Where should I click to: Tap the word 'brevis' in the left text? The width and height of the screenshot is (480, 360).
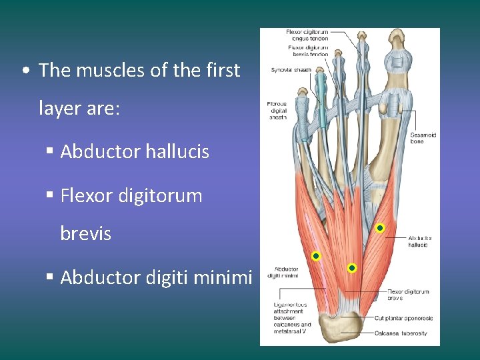coord(85,234)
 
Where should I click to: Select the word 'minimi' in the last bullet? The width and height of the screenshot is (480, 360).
coord(225,277)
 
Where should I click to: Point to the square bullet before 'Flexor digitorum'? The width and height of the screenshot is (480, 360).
coord(50,196)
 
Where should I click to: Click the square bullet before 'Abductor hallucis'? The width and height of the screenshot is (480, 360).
coord(50,152)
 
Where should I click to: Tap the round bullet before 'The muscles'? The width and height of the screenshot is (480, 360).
coord(24,71)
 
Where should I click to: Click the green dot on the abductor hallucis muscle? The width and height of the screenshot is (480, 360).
coord(379,229)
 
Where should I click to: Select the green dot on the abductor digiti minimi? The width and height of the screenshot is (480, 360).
coord(316,256)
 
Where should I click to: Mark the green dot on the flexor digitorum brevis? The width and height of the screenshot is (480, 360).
coord(352,268)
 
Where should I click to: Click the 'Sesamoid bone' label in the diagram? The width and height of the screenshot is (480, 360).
coord(423,138)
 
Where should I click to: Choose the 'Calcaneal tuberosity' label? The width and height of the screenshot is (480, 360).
coord(401,333)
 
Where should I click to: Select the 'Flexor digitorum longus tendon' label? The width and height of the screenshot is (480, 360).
coord(307,35)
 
